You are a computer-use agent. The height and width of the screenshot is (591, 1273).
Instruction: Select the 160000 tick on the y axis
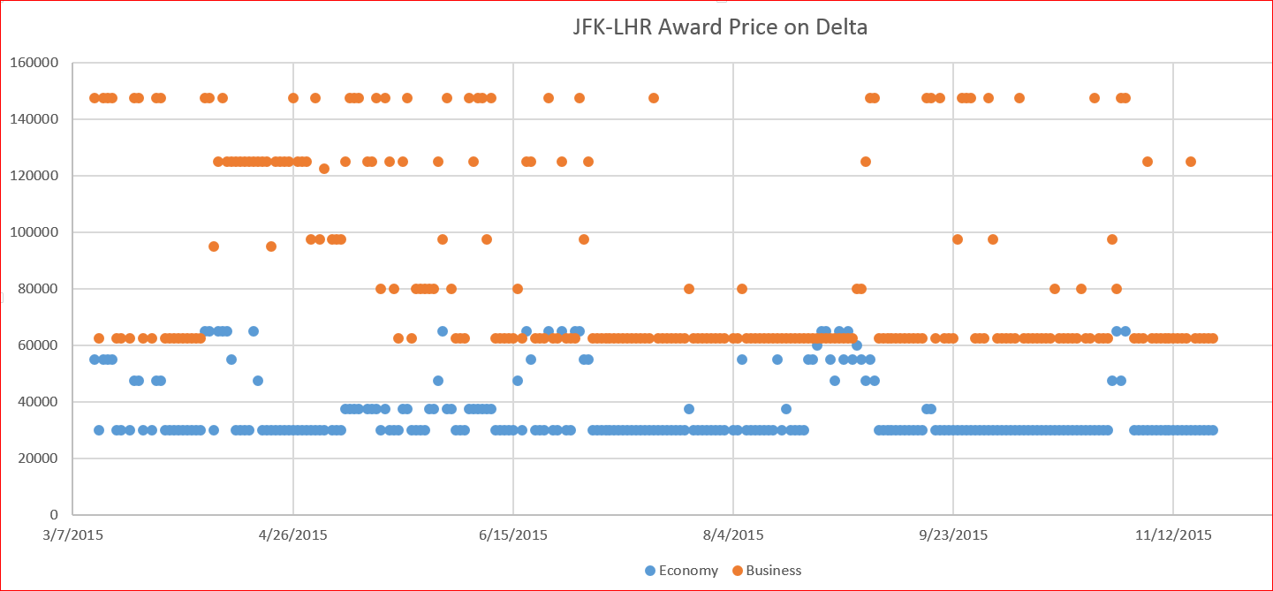(34, 63)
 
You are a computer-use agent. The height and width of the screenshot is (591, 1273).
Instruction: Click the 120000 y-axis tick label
(34, 176)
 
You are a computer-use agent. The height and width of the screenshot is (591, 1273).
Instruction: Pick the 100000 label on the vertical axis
(34, 232)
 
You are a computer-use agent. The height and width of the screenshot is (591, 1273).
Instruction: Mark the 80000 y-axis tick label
(37, 289)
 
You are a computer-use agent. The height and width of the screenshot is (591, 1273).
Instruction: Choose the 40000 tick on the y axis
(37, 402)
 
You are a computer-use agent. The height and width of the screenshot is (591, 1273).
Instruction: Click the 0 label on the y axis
(54, 515)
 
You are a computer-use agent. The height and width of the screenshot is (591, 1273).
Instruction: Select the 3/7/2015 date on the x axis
(73, 535)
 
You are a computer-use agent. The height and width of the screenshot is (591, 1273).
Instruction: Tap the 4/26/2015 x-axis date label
(293, 535)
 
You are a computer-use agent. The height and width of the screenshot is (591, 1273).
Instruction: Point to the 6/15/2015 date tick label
(513, 535)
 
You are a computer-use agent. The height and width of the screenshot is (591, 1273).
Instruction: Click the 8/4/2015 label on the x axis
(733, 535)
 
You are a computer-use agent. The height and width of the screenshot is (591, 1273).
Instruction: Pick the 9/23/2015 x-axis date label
(953, 535)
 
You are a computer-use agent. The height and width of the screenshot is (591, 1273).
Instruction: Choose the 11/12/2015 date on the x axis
(1173, 535)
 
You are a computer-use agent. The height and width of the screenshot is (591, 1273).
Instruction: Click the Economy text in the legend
(688, 571)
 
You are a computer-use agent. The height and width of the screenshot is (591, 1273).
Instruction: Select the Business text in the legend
(774, 571)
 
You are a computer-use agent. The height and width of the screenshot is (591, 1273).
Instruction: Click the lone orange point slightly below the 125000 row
(324, 169)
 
